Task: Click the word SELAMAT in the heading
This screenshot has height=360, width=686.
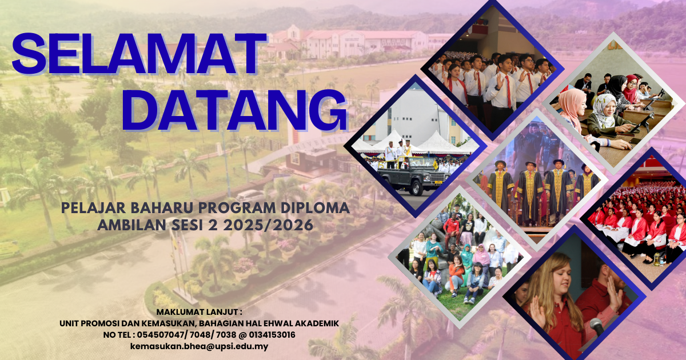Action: (x=138, y=54)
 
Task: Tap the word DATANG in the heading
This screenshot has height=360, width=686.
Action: (x=234, y=110)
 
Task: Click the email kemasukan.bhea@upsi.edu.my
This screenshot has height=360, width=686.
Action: (x=199, y=346)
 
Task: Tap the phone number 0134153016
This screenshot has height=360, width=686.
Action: (x=272, y=335)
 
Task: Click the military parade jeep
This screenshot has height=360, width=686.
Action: (x=414, y=176)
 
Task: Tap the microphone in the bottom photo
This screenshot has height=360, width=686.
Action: (x=597, y=327)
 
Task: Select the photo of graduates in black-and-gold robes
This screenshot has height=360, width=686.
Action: (x=537, y=180)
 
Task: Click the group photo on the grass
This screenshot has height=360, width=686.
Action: (x=460, y=257)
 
